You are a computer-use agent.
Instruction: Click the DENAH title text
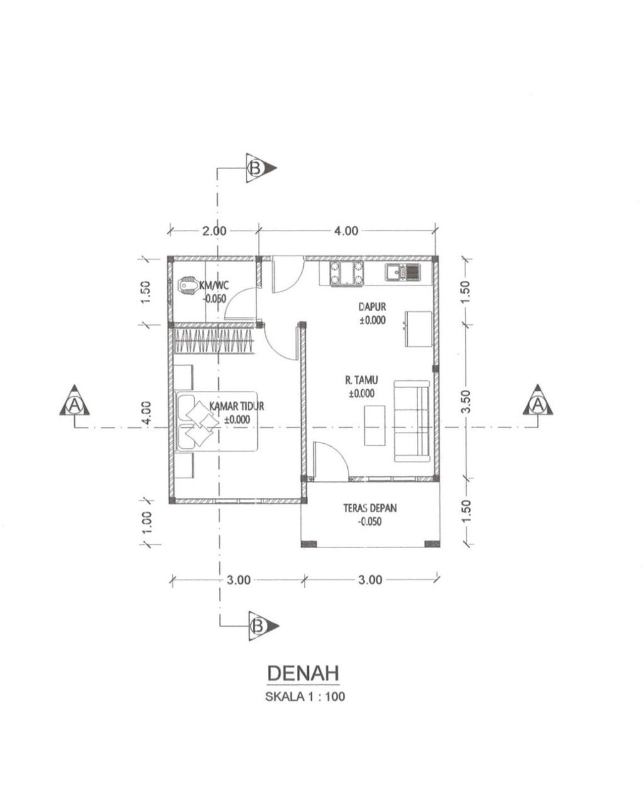pyautogui.click(x=303, y=673)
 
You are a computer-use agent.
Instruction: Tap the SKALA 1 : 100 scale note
pyautogui.click(x=304, y=696)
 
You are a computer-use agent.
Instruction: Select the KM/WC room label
pyautogui.click(x=214, y=286)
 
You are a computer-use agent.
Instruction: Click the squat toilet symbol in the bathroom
pyautogui.click(x=188, y=287)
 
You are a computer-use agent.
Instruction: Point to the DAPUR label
pyautogui.click(x=372, y=307)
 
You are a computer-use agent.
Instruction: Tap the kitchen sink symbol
pyautogui.click(x=402, y=272)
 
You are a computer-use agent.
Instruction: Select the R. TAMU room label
pyautogui.click(x=361, y=380)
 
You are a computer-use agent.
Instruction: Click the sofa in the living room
pyautogui.click(x=411, y=421)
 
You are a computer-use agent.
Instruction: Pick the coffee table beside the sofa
pyautogui.click(x=374, y=425)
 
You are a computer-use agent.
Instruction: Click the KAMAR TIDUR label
pyautogui.click(x=236, y=406)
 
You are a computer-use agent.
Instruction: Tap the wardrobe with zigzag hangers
pyautogui.click(x=214, y=341)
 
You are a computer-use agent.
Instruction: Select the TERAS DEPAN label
pyautogui.click(x=370, y=508)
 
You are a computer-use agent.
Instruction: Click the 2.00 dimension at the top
pyautogui.click(x=214, y=231)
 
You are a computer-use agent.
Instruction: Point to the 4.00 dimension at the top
pyautogui.click(x=346, y=231)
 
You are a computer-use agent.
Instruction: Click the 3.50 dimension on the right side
pyautogui.click(x=465, y=401)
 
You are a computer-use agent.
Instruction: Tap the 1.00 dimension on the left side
pyautogui.click(x=147, y=522)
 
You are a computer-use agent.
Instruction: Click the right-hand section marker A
pyautogui.click(x=538, y=401)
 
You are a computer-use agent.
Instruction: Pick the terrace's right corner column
pyautogui.click(x=432, y=544)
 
